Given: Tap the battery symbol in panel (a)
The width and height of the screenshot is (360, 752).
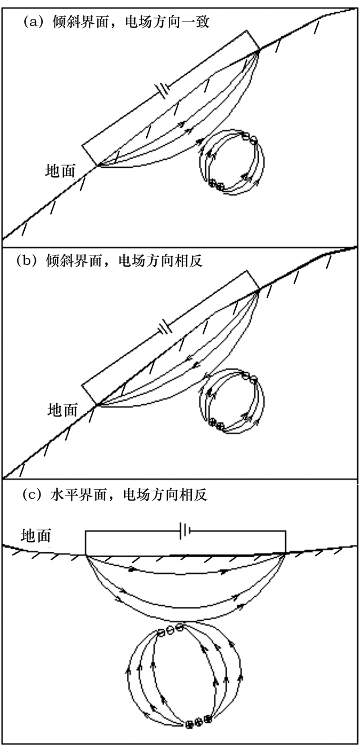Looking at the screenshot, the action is tap(163, 91).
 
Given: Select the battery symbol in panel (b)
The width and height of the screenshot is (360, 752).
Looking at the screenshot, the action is tap(165, 328).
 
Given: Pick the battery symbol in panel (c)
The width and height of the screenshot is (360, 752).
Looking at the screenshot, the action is tap(185, 531).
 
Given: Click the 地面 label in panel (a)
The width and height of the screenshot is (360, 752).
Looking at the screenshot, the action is tap(60, 171).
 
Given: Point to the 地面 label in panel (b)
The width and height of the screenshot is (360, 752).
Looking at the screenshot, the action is tap(63, 410).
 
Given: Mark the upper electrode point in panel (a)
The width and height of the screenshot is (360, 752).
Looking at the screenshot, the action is tap(259, 50).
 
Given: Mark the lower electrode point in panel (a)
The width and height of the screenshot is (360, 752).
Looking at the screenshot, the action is tap(98, 165).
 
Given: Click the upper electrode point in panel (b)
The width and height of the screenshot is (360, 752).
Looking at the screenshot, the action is tap(259, 289).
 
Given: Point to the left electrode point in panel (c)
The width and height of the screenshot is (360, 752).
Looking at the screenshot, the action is tap(85, 555).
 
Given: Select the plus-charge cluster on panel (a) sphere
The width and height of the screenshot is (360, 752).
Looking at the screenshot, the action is tap(216, 185).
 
